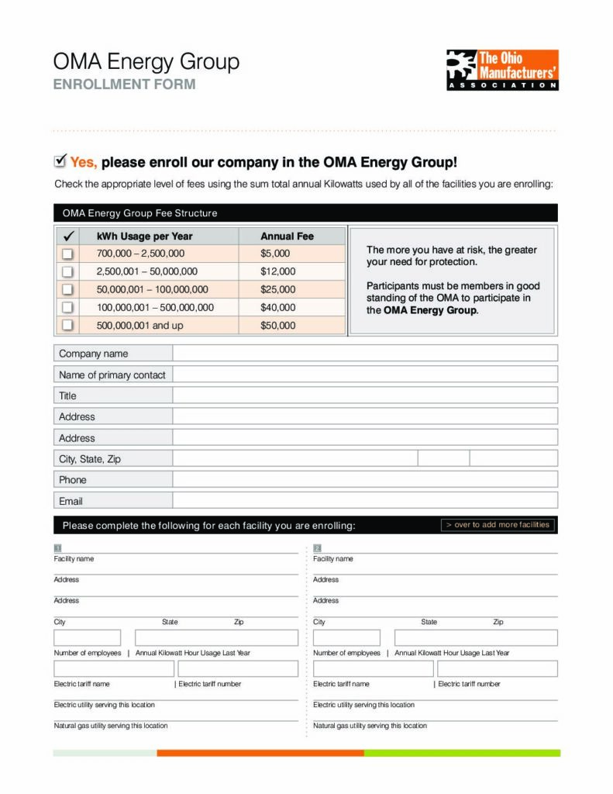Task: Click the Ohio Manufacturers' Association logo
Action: point(502,70)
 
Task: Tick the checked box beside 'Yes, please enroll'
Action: point(60,161)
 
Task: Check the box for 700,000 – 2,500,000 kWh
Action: point(67,254)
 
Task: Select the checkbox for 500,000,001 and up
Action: point(67,326)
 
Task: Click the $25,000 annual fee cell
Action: point(277,289)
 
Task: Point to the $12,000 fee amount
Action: point(277,271)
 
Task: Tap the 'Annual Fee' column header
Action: point(287,236)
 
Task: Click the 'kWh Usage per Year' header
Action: point(144,236)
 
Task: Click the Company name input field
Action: point(364,354)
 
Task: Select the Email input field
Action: point(364,501)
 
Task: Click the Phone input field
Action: point(364,479)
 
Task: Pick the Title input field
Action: point(364,395)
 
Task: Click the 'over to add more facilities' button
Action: point(498,525)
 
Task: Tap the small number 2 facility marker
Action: point(317,548)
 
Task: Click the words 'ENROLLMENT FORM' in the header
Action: point(124,85)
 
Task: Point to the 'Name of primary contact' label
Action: point(112,375)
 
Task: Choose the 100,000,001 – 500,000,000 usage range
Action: point(155,307)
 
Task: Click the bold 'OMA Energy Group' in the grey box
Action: point(430,310)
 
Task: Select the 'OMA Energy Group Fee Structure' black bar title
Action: point(139,212)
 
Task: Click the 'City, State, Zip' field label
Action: point(90,458)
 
